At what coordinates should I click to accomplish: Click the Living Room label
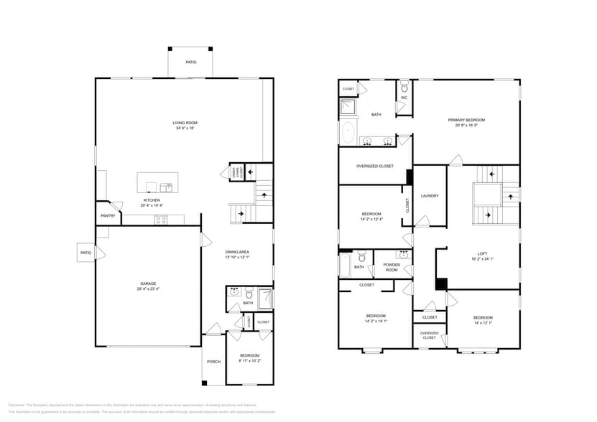[x=185, y=123]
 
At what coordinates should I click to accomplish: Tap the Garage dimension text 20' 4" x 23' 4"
[x=147, y=289]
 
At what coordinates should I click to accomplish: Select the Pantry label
[x=108, y=215]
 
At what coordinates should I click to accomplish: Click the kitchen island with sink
[x=155, y=184]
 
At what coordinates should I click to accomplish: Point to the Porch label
[x=213, y=361]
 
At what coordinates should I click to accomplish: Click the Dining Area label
[x=237, y=252]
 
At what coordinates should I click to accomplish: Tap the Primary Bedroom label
[x=466, y=120]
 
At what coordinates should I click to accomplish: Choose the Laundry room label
[x=430, y=196]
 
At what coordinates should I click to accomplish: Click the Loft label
[x=482, y=253]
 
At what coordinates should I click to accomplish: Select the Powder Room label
[x=392, y=268]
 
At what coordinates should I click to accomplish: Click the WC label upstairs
[x=404, y=97]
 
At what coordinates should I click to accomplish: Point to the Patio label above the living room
[x=191, y=62]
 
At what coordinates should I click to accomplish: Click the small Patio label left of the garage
[x=85, y=253]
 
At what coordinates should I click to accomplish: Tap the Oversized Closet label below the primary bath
[x=375, y=166]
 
